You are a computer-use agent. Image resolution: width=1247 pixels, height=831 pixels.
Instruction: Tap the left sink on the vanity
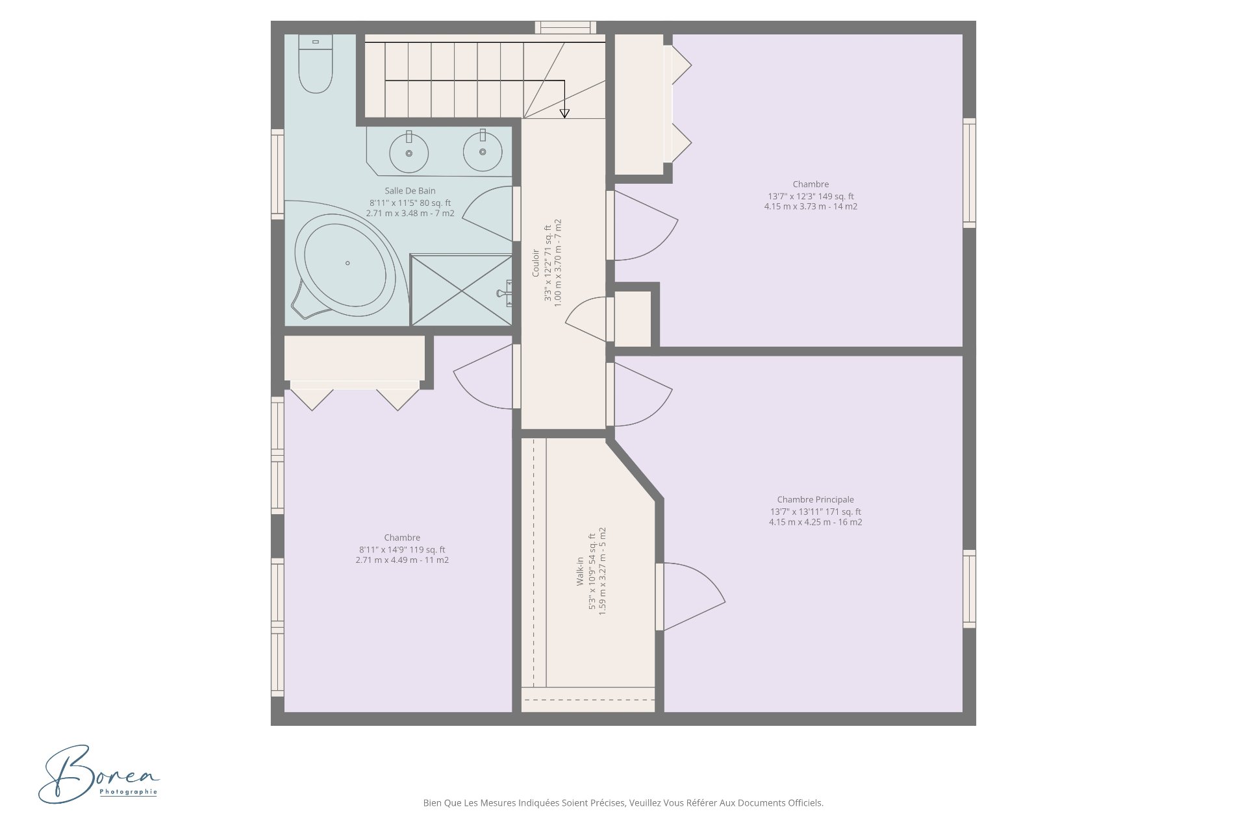pos(409,153)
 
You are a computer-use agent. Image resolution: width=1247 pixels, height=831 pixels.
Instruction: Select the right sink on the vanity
pos(483,151)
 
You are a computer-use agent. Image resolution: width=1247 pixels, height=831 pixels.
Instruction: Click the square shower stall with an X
pos(461,290)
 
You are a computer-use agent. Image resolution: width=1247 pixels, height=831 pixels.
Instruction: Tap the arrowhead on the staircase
pos(564,114)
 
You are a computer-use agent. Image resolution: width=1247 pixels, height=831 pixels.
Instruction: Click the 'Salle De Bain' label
pos(410,191)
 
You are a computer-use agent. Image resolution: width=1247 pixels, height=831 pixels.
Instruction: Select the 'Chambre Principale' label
pos(815,500)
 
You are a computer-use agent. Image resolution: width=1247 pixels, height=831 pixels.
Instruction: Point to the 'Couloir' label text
pos(536,263)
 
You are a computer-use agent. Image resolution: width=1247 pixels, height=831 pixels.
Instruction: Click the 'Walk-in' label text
pos(580,571)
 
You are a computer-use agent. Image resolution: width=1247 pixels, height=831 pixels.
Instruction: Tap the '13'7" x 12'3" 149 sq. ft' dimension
pos(811,196)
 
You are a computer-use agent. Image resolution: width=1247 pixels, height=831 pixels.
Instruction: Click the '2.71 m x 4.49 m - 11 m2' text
pos(402,560)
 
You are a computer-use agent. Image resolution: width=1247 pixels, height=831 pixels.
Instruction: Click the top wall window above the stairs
pos(565,27)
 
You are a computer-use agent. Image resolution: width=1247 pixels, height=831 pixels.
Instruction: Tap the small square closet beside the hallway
pos(633,319)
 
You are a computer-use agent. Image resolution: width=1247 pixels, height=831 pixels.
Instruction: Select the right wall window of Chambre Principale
pos(969,589)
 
